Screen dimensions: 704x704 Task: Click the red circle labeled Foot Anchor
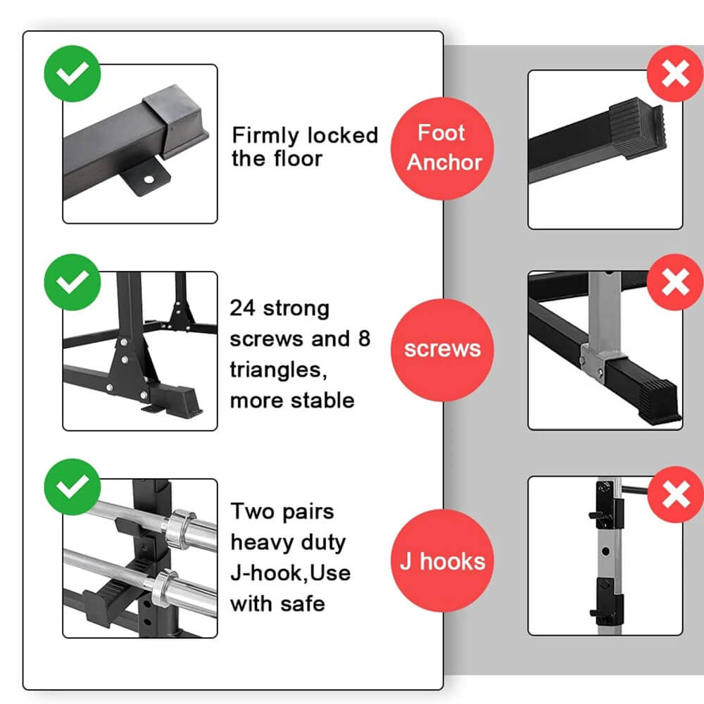pos(442,149)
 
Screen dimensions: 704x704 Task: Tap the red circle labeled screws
pos(442,350)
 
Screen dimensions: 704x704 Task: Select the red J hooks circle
pos(442,561)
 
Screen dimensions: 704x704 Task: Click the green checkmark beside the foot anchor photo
pos(73,74)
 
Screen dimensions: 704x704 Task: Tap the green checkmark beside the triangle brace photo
pos(73,282)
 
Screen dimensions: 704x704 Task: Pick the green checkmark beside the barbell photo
pos(73,486)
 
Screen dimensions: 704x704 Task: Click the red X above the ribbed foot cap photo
pos(675,74)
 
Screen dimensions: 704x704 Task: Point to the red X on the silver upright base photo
pos(675,282)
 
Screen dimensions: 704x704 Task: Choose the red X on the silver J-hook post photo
pos(676,494)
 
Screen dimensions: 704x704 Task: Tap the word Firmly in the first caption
pos(265,136)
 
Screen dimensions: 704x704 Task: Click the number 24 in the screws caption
pos(242,308)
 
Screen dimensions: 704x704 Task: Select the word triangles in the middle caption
pos(278,370)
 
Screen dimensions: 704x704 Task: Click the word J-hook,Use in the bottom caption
pos(291,573)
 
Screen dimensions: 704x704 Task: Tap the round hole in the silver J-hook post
pos(605,551)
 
